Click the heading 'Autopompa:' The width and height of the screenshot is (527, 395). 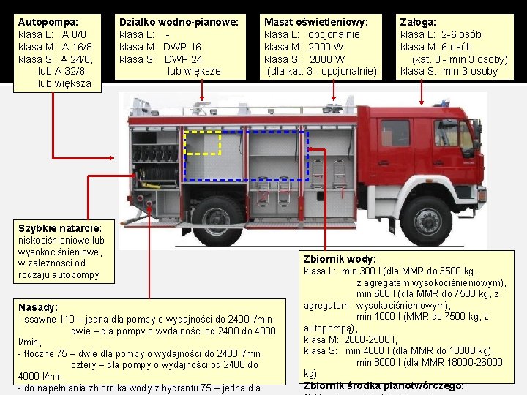click(x=48, y=23)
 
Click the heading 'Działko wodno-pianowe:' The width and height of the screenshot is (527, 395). click(x=179, y=23)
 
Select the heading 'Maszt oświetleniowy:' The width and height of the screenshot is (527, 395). click(x=315, y=23)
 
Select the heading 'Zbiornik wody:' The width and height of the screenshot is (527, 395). click(x=340, y=259)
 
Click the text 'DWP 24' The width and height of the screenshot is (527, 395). click(x=183, y=59)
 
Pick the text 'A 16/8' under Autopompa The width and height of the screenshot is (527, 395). click(x=77, y=47)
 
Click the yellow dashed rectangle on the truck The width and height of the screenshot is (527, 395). click(x=202, y=143)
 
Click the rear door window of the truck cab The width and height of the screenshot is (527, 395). click(x=395, y=133)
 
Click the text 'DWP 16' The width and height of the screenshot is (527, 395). click(x=183, y=47)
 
